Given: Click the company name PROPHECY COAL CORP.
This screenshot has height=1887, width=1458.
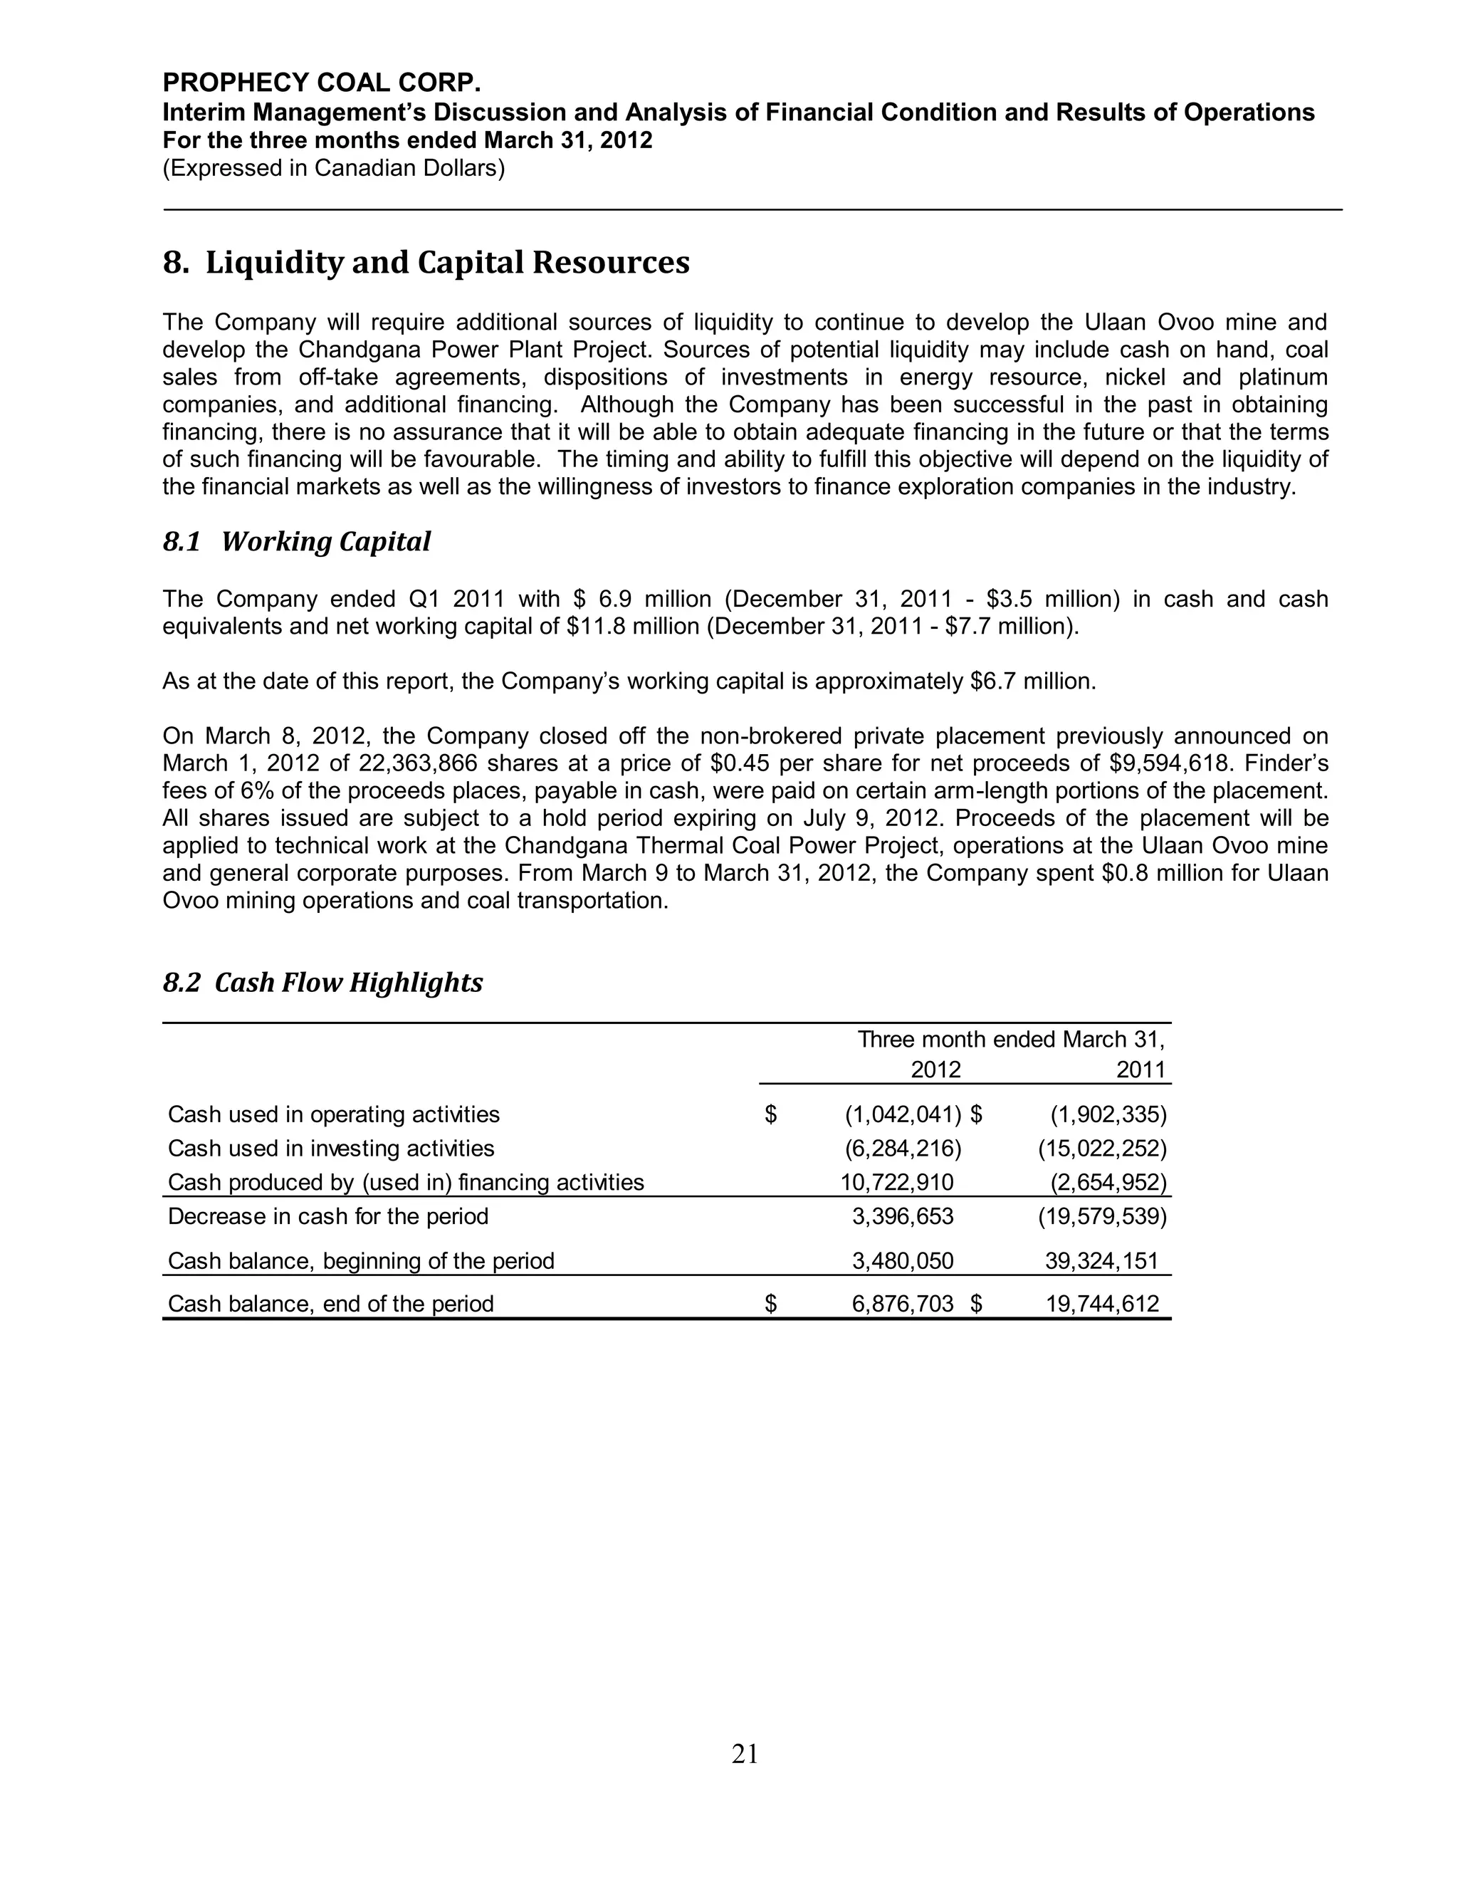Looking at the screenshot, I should tap(321, 83).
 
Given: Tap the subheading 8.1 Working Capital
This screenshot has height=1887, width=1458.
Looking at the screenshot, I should tap(296, 542).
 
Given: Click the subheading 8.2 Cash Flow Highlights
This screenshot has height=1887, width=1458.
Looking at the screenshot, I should tap(322, 983).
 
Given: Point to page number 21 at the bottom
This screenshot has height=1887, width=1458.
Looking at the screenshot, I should tap(745, 1754).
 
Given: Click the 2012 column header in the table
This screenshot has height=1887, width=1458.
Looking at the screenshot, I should tap(935, 1070).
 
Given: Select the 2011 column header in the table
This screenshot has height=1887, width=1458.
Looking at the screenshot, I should tap(1141, 1070).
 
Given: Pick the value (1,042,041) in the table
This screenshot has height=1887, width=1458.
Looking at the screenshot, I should tap(903, 1114).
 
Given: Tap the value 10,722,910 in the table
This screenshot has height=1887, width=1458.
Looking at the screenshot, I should tap(898, 1182).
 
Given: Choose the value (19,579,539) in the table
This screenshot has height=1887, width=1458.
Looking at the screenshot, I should tap(1102, 1216).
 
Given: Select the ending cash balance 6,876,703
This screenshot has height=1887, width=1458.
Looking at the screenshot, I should tap(903, 1304).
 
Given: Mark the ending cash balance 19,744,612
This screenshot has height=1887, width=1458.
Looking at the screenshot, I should tap(1102, 1304).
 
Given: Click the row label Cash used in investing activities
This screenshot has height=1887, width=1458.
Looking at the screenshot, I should tap(331, 1149).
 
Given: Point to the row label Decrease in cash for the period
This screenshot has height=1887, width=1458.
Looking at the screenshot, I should tap(327, 1216).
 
